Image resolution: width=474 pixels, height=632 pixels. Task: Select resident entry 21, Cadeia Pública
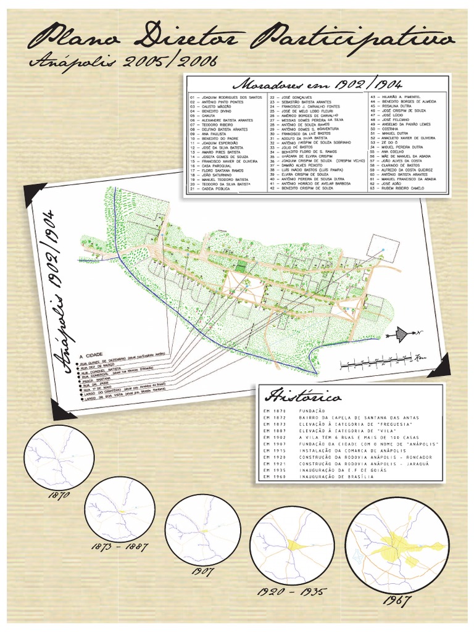[x=211, y=189]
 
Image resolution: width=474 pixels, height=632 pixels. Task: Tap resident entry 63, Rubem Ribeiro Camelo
[x=401, y=188]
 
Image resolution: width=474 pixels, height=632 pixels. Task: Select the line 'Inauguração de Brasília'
[x=336, y=477]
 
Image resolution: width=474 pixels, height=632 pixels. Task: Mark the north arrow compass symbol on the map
[x=401, y=335]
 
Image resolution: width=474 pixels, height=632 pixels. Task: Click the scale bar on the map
[x=382, y=361]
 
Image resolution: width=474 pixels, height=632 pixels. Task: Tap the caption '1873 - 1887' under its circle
[x=120, y=546]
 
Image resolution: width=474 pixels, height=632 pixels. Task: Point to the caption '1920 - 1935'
[x=292, y=592]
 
